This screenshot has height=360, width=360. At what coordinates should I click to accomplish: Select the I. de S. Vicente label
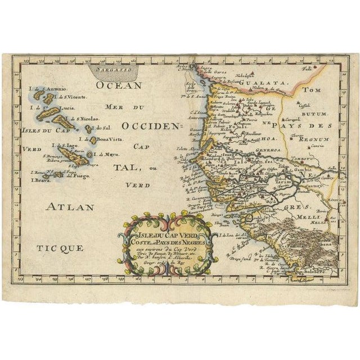click(72, 97)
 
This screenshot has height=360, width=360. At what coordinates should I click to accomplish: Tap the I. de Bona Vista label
click(103, 139)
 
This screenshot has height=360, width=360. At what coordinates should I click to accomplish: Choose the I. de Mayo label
click(107, 153)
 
